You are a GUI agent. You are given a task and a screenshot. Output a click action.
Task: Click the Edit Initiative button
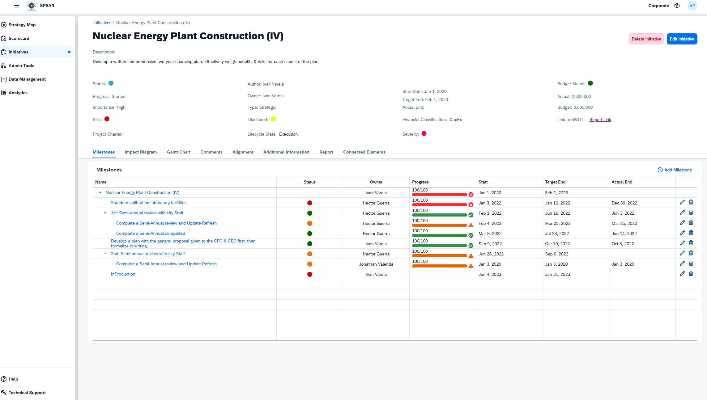click(x=682, y=39)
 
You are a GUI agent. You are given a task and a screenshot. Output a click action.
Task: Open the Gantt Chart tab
click(x=178, y=152)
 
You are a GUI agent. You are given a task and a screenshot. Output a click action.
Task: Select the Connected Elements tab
click(x=364, y=152)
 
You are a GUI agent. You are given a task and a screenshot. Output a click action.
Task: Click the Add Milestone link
click(x=675, y=170)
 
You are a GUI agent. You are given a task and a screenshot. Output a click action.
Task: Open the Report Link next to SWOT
click(x=600, y=120)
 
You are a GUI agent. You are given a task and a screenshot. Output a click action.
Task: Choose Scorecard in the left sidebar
click(x=19, y=38)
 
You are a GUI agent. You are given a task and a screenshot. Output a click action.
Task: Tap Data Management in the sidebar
click(x=27, y=79)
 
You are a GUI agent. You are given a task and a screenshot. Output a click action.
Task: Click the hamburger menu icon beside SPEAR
click(x=17, y=6)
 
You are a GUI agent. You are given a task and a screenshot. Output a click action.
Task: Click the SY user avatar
click(x=692, y=6)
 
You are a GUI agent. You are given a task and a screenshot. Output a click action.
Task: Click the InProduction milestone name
click(x=123, y=274)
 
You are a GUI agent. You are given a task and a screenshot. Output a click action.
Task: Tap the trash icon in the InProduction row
click(x=691, y=273)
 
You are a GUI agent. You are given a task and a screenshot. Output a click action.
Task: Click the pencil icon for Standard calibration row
click(x=682, y=202)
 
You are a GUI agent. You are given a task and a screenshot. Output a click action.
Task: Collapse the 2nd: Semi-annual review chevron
click(x=105, y=254)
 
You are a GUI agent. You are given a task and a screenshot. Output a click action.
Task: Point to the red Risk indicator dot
click(x=107, y=119)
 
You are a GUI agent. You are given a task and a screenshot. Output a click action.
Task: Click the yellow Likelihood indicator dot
click(x=273, y=119)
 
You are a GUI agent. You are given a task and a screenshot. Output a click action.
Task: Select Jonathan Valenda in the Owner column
click(x=376, y=264)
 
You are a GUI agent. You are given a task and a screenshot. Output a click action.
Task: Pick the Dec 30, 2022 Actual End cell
click(x=624, y=203)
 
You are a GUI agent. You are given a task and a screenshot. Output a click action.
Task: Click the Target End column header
click(x=555, y=182)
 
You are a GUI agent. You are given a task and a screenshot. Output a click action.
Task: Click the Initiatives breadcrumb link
click(x=102, y=23)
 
